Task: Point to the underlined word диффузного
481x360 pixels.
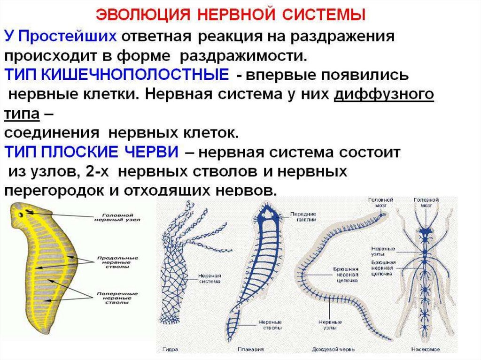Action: [x=383, y=94]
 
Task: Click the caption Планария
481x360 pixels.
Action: [x=254, y=349]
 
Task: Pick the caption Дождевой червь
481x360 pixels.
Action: [x=332, y=349]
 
